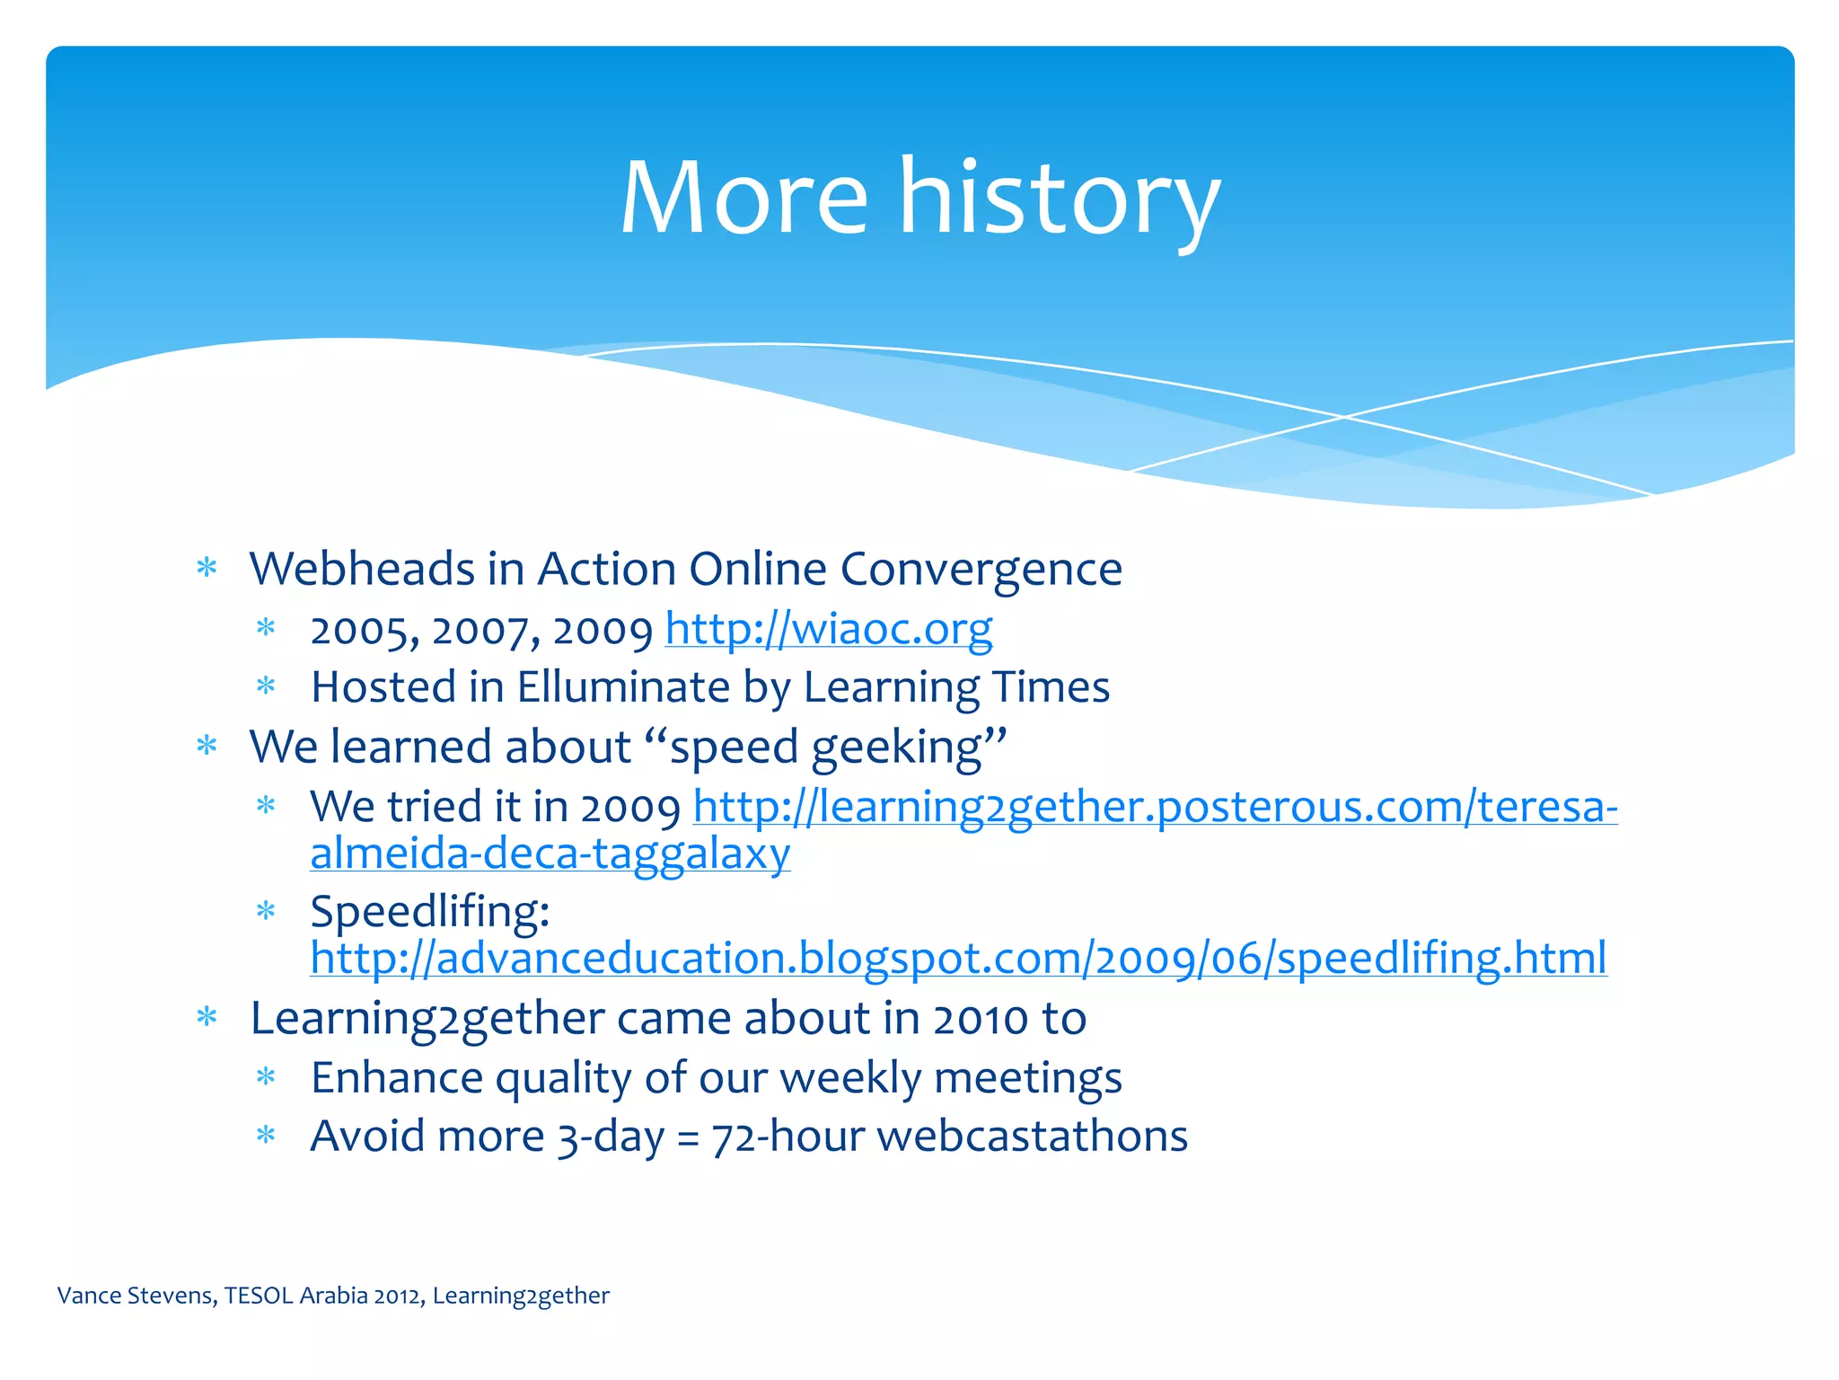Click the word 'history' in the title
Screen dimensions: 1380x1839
[x=1060, y=198]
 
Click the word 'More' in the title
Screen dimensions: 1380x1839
[x=744, y=198]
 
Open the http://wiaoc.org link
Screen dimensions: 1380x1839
[x=828, y=629]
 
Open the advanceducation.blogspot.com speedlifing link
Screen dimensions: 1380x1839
[x=958, y=958]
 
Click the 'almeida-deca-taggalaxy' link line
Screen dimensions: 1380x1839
[x=550, y=854]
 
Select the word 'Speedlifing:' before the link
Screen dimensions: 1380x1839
[x=429, y=912]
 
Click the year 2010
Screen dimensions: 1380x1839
[x=980, y=1020]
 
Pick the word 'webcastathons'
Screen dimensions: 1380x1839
[x=1032, y=1137]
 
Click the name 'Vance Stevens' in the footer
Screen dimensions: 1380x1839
[x=136, y=1296]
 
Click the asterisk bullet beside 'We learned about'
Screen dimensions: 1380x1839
[x=207, y=746]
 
